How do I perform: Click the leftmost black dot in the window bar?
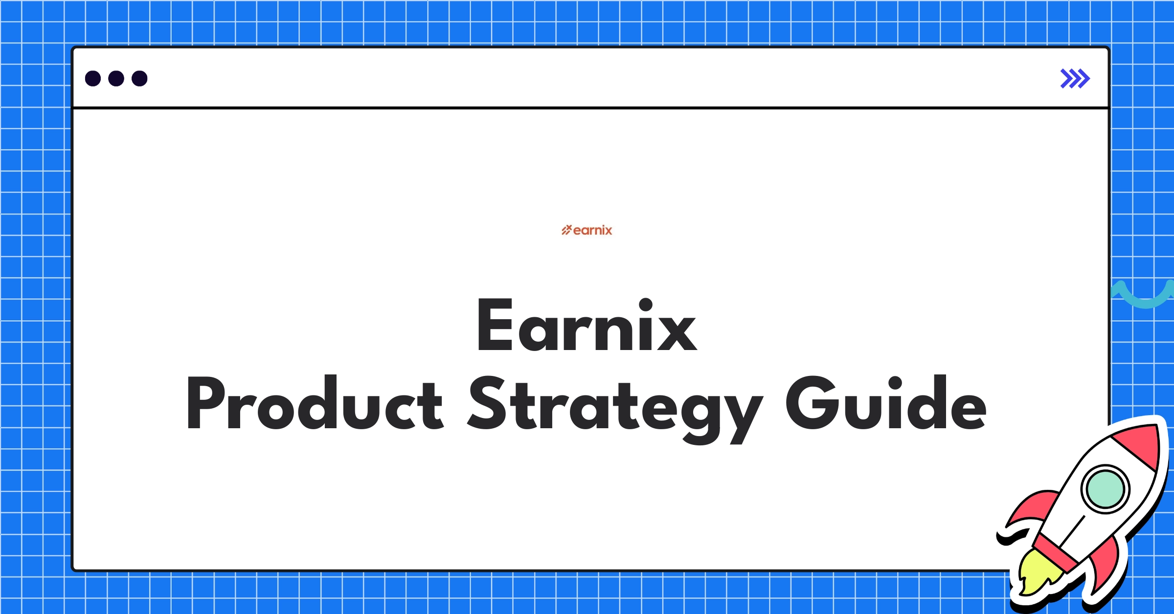coord(93,78)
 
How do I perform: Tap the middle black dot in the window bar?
coord(116,78)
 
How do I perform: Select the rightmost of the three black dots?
coord(139,78)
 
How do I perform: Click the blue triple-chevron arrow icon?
coord(1075,79)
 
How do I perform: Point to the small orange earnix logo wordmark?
coord(592,230)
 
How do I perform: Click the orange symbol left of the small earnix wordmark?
coord(566,230)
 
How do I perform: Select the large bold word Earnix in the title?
coord(587,326)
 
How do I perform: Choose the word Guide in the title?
coord(886,403)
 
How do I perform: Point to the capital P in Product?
coord(205,403)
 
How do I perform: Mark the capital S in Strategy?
coord(487,403)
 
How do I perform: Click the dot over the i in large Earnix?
coord(646,305)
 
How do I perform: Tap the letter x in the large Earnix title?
coord(677,332)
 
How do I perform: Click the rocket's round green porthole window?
coord(1105,489)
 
